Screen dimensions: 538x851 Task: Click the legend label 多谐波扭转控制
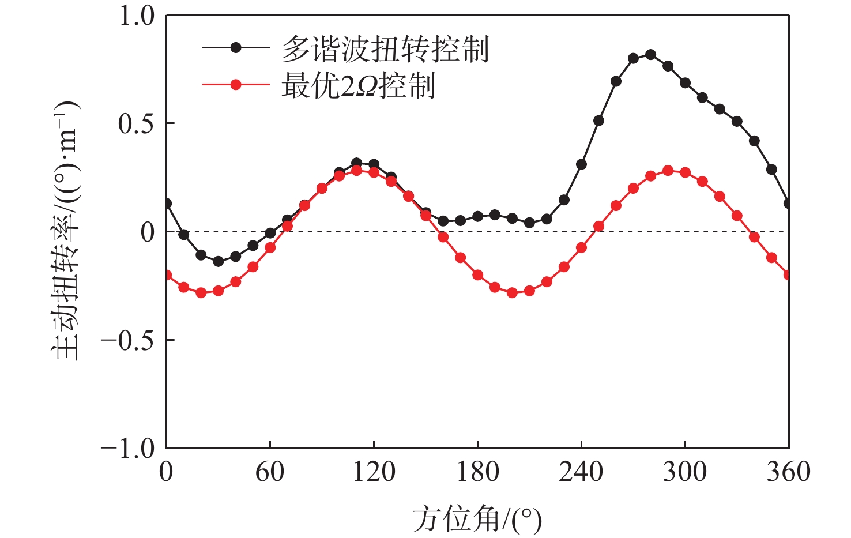coord(385,48)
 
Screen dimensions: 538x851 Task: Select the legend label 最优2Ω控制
coord(358,86)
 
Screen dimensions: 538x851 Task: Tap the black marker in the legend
coord(235,48)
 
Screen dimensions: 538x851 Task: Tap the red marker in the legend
coord(235,85)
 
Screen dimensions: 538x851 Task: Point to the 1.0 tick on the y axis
coord(137,16)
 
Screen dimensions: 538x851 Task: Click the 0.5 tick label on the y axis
coord(137,123)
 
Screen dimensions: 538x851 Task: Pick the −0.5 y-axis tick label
coord(128,340)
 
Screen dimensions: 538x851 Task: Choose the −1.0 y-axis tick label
coord(128,449)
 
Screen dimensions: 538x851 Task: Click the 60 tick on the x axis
coord(270,472)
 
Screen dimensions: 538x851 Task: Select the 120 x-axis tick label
coord(374,472)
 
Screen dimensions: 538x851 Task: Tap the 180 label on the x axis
coord(477,472)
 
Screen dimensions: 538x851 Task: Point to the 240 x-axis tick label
coord(581,472)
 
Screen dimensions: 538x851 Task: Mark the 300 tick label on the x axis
coord(685,472)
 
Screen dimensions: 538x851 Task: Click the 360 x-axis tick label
coord(788,472)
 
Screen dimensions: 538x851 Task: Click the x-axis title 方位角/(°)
coord(477,520)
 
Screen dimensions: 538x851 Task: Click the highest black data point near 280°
coord(650,55)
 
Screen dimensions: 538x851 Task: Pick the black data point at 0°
coord(167,204)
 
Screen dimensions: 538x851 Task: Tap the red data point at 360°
coord(788,275)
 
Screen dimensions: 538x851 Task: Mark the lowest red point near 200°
coord(512,293)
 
